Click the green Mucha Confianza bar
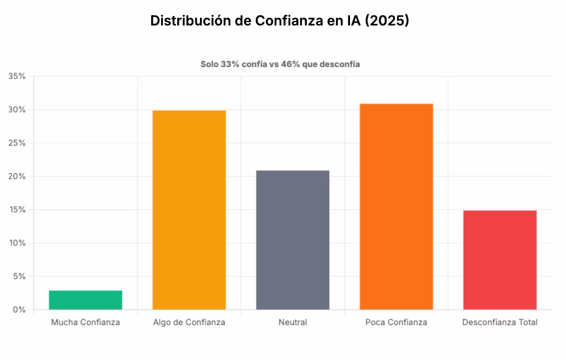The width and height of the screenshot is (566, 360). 85,300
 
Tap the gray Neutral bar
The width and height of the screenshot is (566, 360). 292,239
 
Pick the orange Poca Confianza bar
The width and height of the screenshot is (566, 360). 396,206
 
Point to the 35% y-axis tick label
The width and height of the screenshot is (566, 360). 17,76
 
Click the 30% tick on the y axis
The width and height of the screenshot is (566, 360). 17,110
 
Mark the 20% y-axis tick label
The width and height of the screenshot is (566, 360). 17,176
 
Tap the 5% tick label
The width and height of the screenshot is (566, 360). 19,276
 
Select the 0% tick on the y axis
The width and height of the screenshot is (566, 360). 19,310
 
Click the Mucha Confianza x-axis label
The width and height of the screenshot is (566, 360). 85,322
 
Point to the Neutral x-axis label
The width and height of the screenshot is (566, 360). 292,322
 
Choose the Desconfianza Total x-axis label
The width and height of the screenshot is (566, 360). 500,322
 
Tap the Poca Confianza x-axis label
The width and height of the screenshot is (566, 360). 396,322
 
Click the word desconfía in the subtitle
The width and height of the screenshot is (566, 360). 339,64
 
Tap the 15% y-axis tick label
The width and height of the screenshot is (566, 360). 17,210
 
